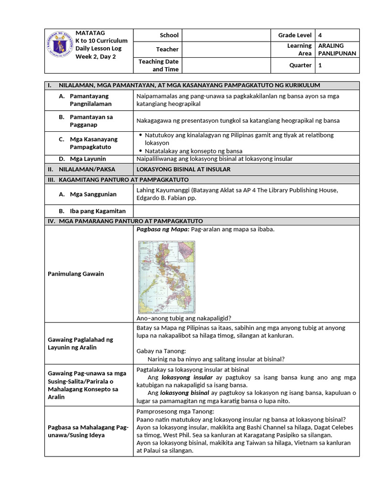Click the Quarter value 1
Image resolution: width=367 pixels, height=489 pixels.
[x=320, y=65]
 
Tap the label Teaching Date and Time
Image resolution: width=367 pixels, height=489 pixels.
[x=158, y=65]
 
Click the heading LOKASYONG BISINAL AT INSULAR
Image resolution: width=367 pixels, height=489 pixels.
[x=183, y=170]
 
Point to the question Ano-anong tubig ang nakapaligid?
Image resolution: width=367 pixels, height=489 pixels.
[x=184, y=318]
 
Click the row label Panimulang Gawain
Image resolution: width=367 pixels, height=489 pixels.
[x=76, y=274]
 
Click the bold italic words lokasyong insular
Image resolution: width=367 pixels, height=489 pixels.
[x=180, y=377]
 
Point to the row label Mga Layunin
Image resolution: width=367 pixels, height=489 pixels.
[x=88, y=159]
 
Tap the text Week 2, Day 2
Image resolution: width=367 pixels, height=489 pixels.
[x=96, y=56]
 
